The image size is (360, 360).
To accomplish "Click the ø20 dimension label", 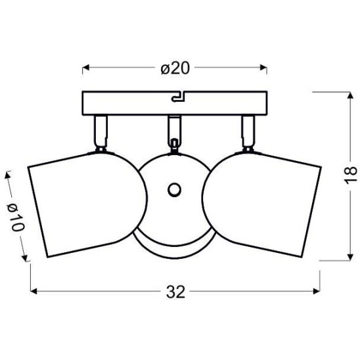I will tap(175, 68).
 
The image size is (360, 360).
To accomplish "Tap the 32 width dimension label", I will tap(175, 291).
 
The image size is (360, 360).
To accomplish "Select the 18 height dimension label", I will tap(351, 174).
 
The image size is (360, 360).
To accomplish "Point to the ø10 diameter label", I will tap(16, 215).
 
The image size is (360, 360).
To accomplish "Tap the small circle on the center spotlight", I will tap(174, 190).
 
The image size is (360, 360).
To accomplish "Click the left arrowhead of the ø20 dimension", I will tap(86, 68).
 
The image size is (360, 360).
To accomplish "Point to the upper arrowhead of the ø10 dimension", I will tap(9, 175).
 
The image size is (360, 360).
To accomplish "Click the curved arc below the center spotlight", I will tap(174, 250).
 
